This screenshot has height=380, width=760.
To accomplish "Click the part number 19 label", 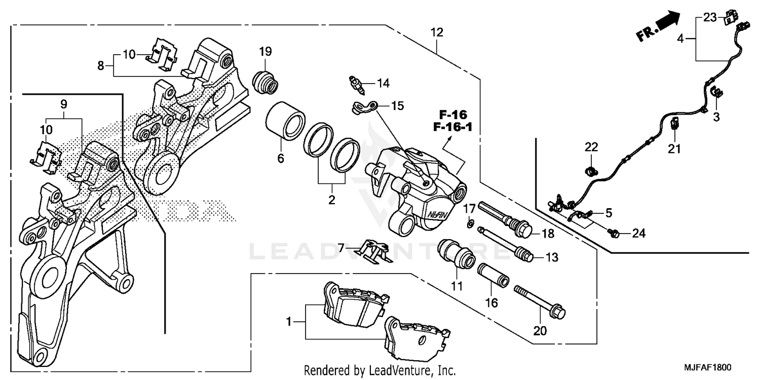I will [265, 51].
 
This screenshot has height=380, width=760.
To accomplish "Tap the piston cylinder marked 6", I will [285, 121].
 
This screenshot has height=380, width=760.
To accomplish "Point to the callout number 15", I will [397, 106].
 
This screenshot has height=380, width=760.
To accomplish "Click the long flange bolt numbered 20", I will [540, 301].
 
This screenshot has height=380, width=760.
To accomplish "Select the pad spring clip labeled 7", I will [375, 251].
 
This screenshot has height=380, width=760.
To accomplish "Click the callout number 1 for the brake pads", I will [289, 322].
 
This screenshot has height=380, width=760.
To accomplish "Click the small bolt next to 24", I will [613, 233].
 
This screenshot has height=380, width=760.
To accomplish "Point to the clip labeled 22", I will [590, 171].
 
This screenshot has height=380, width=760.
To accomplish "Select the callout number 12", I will [437, 33].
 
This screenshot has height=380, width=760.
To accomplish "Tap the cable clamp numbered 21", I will [675, 123].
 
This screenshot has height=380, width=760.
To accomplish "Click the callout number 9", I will [63, 105].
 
